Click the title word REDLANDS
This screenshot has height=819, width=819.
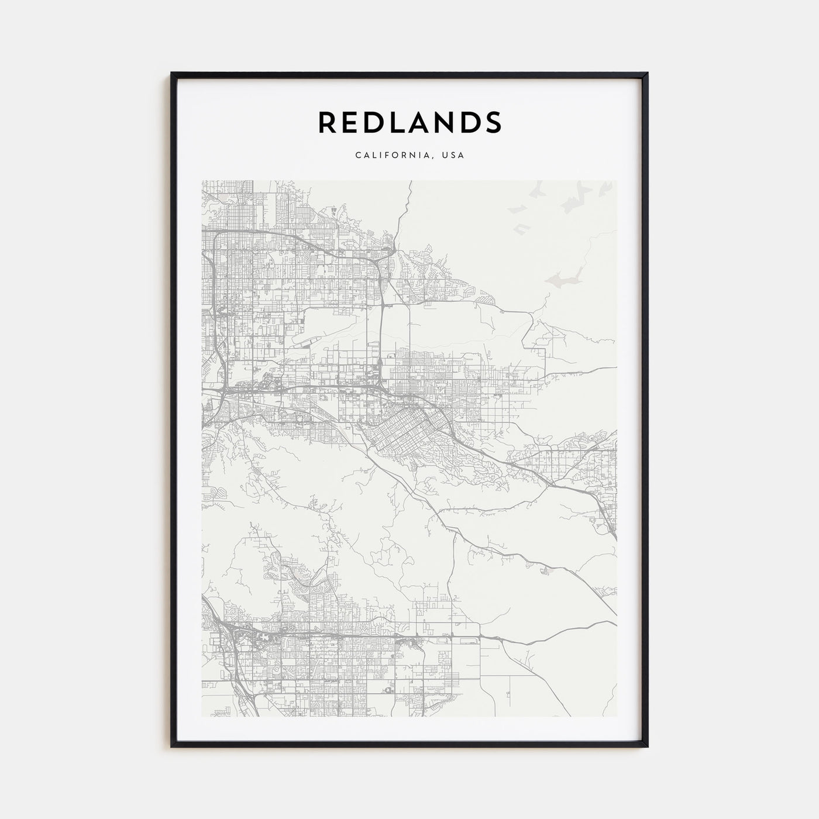[x=409, y=122]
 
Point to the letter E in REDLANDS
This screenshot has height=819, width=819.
[x=353, y=122]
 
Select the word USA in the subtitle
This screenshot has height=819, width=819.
[x=453, y=156]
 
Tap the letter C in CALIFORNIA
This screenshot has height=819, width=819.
[x=357, y=156]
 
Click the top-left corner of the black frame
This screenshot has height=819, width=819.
[x=172, y=74]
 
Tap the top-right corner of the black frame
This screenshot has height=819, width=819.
[x=647, y=74]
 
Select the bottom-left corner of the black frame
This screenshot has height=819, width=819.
[x=172, y=747]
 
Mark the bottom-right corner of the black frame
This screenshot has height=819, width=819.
[x=647, y=747]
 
